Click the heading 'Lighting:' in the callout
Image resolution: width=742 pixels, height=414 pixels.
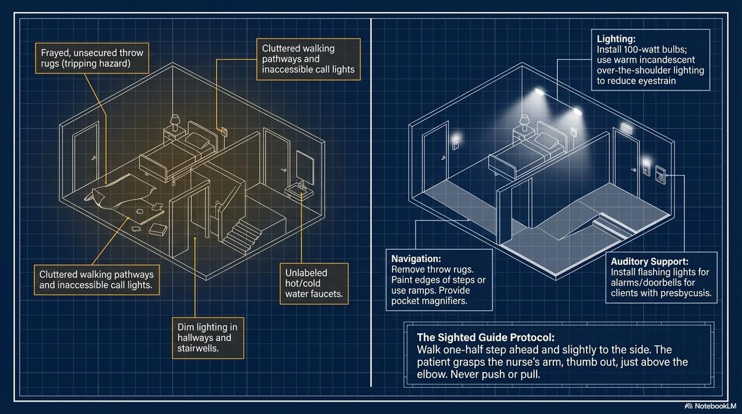tap(616, 39)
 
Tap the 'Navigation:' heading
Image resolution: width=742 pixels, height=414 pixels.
tap(416, 258)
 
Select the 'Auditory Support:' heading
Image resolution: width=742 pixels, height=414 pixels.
tap(649, 261)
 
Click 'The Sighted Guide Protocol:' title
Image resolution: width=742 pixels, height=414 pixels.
tap(486, 337)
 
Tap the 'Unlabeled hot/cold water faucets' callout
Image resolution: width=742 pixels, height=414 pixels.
tap(314, 283)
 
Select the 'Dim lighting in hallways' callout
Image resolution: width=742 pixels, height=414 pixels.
tap(208, 338)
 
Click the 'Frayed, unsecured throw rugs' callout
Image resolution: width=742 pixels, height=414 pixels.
tap(92, 58)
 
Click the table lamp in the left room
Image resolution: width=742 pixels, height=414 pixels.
tap(175, 122)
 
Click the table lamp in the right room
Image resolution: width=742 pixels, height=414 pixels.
tap(524, 122)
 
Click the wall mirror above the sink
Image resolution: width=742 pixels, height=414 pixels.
tap(305, 168)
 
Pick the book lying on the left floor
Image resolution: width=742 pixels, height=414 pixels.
tap(158, 229)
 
